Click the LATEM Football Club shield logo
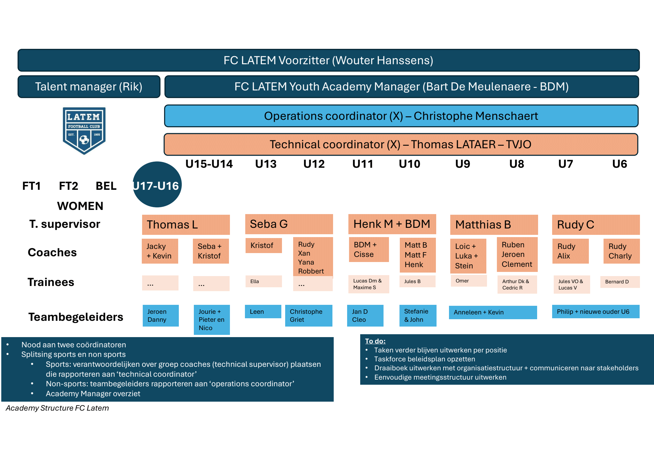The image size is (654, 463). (x=84, y=130)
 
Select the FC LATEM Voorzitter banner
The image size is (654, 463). (x=328, y=60)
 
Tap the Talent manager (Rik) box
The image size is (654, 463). (x=89, y=87)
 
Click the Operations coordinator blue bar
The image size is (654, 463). (x=401, y=116)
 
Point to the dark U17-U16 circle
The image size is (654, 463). (x=157, y=185)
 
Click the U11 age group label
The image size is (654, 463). (x=362, y=164)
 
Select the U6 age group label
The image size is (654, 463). (x=619, y=164)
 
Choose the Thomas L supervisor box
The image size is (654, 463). (x=186, y=225)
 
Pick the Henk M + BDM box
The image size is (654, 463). (x=392, y=224)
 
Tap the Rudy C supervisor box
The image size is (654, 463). (x=596, y=225)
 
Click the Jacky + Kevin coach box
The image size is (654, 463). (x=160, y=251)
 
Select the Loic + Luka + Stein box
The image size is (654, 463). (x=468, y=256)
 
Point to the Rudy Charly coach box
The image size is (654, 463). (x=621, y=251)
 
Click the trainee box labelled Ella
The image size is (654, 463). (x=263, y=282)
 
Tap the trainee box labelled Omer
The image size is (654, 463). (x=468, y=281)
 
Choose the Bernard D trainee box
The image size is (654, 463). (x=620, y=282)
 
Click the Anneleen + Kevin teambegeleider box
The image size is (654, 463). (x=493, y=312)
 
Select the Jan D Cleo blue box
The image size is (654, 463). (x=365, y=315)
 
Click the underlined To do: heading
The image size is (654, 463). (x=375, y=341)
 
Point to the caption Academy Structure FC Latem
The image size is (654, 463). (x=57, y=408)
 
